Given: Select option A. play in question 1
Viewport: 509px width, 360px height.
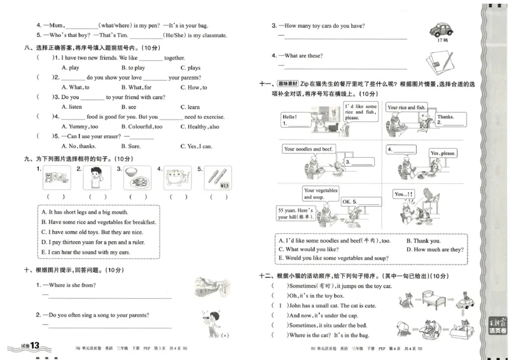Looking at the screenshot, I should [70, 67].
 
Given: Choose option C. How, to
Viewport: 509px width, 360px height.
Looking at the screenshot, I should [193, 87].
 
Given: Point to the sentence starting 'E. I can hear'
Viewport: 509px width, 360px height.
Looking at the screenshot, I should [83, 252].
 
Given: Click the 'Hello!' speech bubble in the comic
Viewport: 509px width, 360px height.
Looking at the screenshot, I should [290, 117].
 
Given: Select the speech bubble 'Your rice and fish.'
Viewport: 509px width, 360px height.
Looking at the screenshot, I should [406, 107].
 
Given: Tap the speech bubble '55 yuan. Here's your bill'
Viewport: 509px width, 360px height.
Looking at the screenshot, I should [296, 212].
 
